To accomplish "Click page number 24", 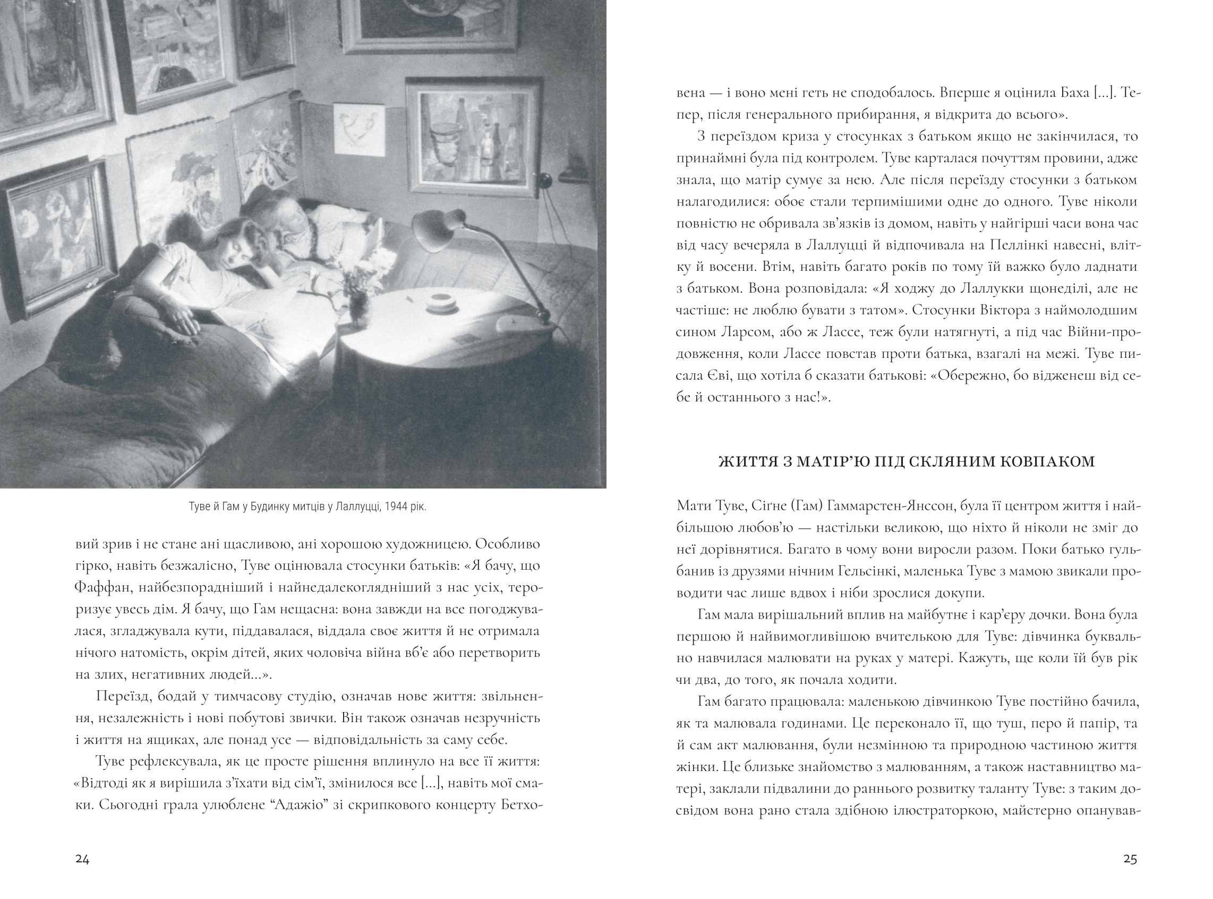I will click(x=82, y=859).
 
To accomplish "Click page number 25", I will click(x=1130, y=859).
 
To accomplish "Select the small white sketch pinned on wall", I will click(x=359, y=129).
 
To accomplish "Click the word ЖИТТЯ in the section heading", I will click(x=745, y=462).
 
